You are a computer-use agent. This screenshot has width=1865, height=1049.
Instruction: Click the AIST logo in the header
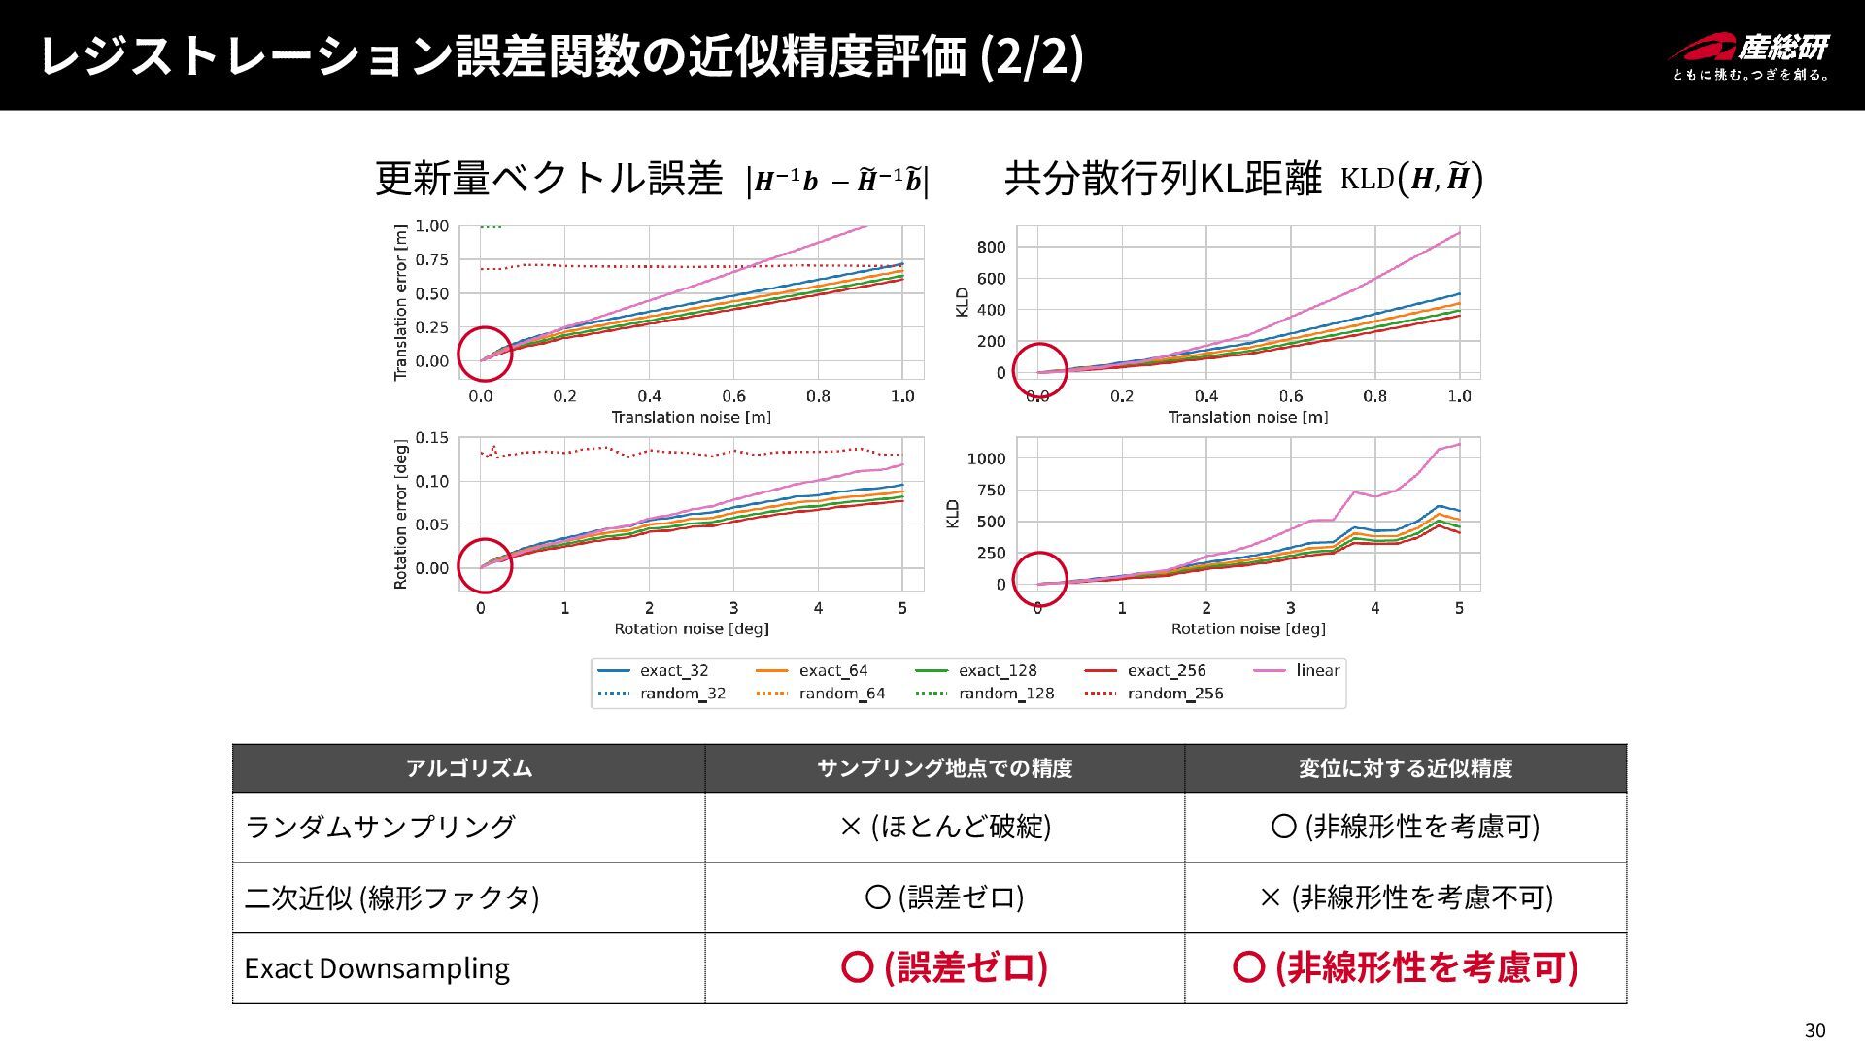coord(1749,56)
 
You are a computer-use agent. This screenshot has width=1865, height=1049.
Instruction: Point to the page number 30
coord(1814,1031)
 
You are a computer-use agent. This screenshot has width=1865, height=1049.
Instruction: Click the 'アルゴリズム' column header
coord(468,768)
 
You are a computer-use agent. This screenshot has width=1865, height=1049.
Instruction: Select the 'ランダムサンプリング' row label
coord(380,828)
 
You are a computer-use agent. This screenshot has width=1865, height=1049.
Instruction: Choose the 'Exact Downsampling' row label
coord(377,968)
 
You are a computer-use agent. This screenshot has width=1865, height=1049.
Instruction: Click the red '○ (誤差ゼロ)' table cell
coord(944,968)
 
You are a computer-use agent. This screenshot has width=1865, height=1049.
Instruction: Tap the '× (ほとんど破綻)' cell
coord(944,828)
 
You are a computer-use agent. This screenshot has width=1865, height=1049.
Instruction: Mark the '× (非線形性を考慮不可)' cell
coord(1406,897)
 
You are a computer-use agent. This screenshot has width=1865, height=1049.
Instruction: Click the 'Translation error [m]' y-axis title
coord(400,302)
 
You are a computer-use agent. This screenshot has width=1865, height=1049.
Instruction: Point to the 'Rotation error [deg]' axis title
coord(400,514)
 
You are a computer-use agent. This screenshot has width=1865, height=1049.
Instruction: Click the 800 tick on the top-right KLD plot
coord(991,248)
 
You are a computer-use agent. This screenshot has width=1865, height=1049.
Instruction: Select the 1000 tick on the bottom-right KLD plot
coord(986,458)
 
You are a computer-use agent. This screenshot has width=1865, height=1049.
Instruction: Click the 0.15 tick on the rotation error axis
coord(432,438)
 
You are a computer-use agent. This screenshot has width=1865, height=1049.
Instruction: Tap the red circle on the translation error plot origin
coord(484,355)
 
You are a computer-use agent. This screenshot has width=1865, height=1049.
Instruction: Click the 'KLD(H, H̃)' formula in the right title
coord(1410,179)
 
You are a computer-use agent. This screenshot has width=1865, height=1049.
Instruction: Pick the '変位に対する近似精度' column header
coord(1406,768)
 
